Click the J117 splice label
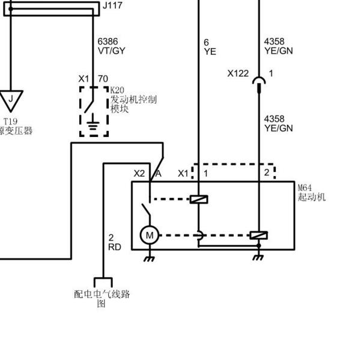(112, 5)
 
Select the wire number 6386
(108, 41)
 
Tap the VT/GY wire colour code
(112, 50)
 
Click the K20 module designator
(117, 90)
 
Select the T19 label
(11, 121)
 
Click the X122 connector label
(238, 73)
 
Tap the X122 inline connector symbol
(259, 85)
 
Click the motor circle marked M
(150, 235)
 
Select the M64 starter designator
(305, 188)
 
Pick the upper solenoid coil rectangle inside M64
(199, 200)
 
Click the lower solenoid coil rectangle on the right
(259, 236)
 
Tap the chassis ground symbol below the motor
(150, 258)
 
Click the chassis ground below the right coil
(258, 257)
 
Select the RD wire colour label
(115, 247)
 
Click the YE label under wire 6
(210, 51)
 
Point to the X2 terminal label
(139, 174)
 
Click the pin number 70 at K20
(103, 79)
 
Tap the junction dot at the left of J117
(11, 9)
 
